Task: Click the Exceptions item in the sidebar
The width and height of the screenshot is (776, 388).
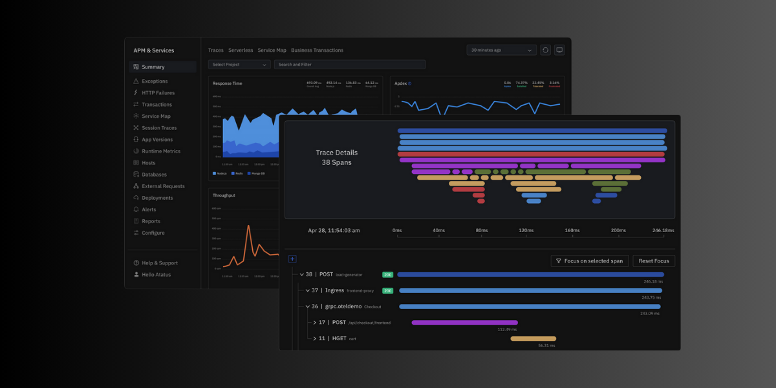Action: (155, 81)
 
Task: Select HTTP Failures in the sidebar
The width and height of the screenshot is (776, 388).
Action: (158, 93)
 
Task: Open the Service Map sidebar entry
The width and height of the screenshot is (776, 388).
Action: (156, 116)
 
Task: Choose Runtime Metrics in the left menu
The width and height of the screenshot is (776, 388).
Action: (161, 151)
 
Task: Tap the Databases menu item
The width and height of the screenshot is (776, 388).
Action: (154, 175)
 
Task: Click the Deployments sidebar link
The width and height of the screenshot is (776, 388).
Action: (157, 198)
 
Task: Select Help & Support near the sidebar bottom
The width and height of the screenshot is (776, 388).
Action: (159, 263)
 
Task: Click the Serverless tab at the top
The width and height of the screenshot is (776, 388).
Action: (241, 50)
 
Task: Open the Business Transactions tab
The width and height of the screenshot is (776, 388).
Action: (317, 50)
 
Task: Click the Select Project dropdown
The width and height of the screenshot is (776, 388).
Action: (239, 65)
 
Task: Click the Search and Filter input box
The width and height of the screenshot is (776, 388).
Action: (349, 65)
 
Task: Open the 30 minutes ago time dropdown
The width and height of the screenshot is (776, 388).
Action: (502, 50)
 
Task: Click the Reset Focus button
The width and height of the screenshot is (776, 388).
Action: (654, 261)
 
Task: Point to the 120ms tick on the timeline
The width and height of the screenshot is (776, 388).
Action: (526, 230)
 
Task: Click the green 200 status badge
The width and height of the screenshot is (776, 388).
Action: (387, 274)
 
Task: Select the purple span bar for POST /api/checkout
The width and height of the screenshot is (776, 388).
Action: (464, 322)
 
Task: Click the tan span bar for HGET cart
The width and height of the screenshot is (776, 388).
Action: (533, 338)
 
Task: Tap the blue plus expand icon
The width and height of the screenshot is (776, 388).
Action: (292, 259)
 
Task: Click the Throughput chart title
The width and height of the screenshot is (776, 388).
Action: (224, 195)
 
